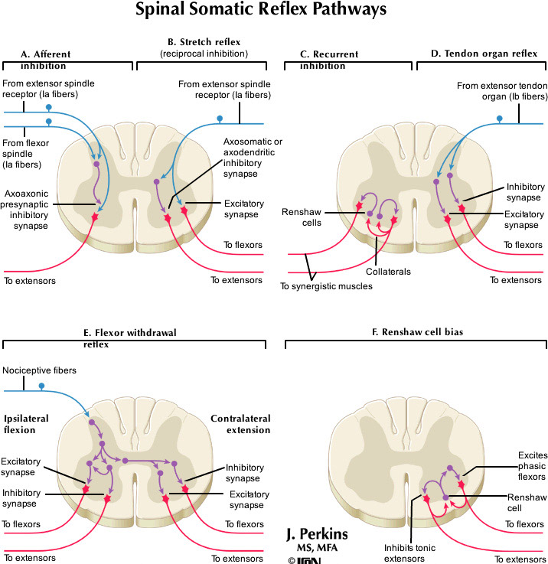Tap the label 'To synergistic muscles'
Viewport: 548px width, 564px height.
pyautogui.click(x=325, y=286)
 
